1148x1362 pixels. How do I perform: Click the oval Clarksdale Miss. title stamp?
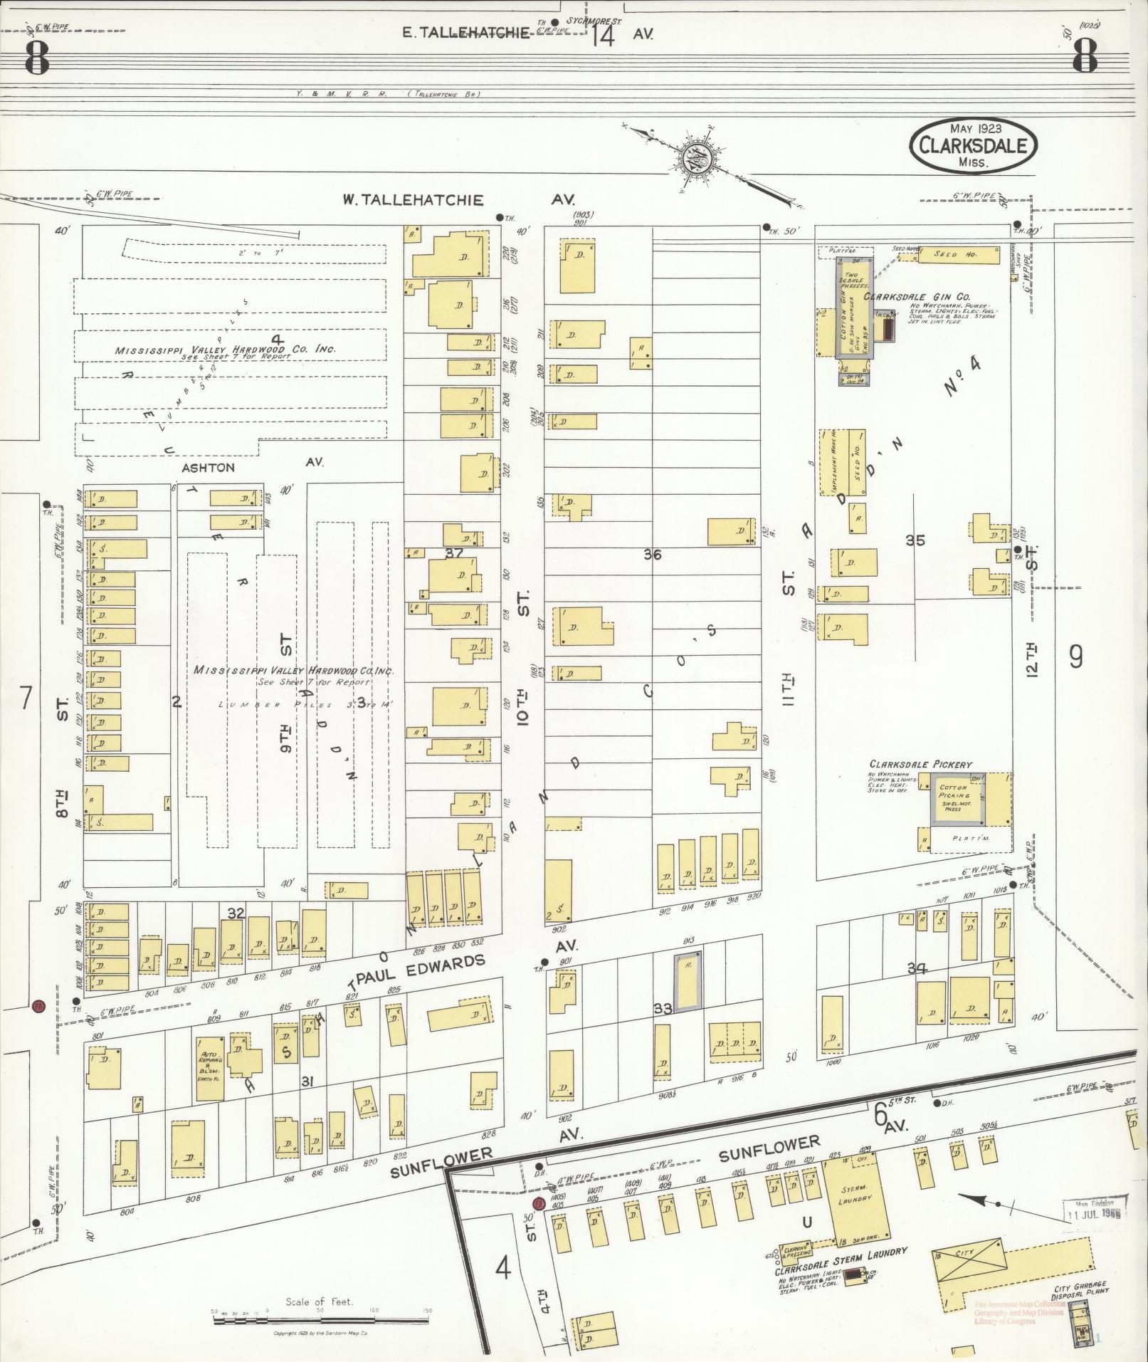(972, 145)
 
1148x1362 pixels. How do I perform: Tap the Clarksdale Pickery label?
(920, 764)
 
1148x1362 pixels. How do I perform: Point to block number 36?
(652, 554)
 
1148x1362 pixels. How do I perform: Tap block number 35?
(915, 540)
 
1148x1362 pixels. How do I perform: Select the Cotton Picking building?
(956, 800)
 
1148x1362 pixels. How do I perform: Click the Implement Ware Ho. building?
(828, 463)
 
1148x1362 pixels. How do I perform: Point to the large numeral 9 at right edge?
(1075, 656)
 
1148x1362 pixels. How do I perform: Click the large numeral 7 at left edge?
(26, 698)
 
